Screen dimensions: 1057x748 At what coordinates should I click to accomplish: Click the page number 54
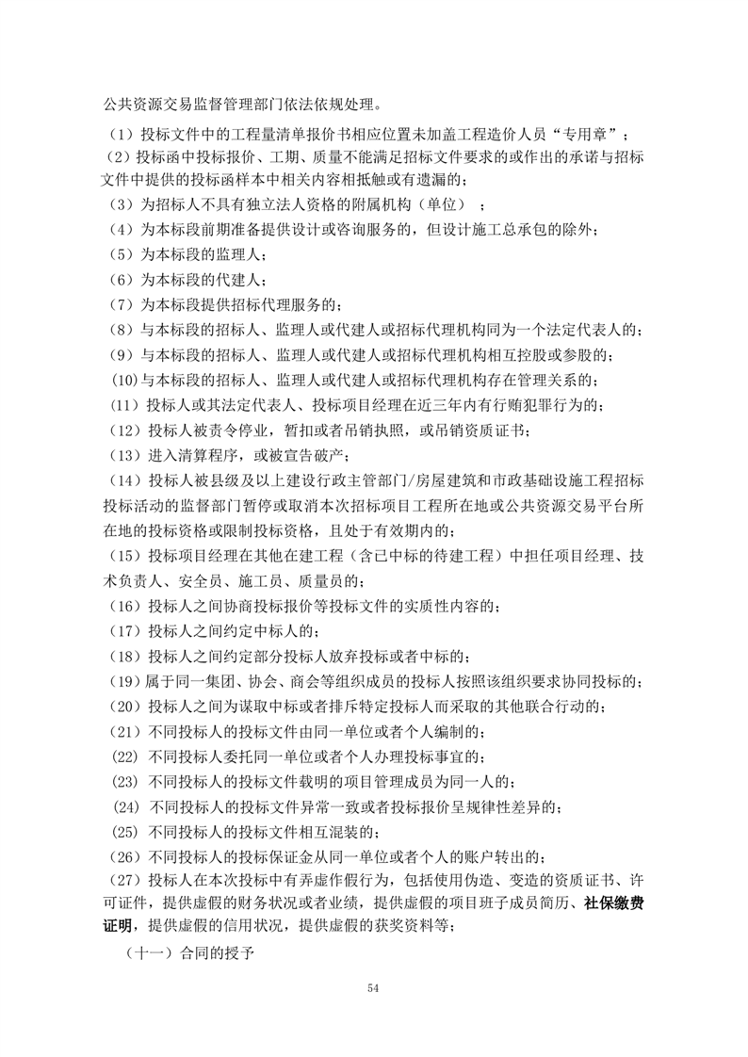374,986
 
